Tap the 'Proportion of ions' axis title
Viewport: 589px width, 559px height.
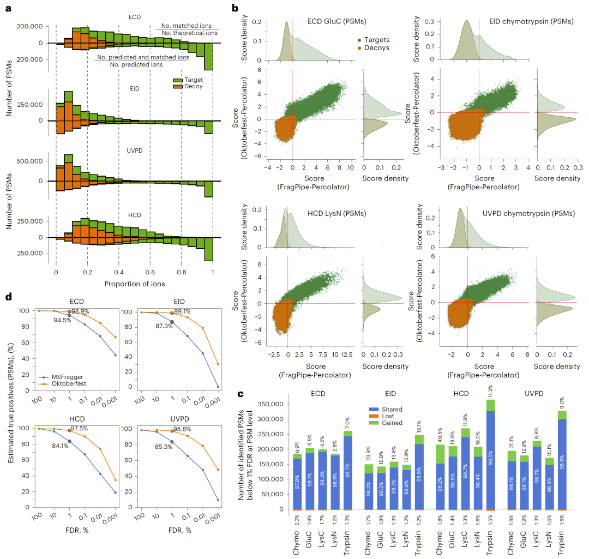[x=134, y=284]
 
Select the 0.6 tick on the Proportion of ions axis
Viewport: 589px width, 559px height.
[x=150, y=271]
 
